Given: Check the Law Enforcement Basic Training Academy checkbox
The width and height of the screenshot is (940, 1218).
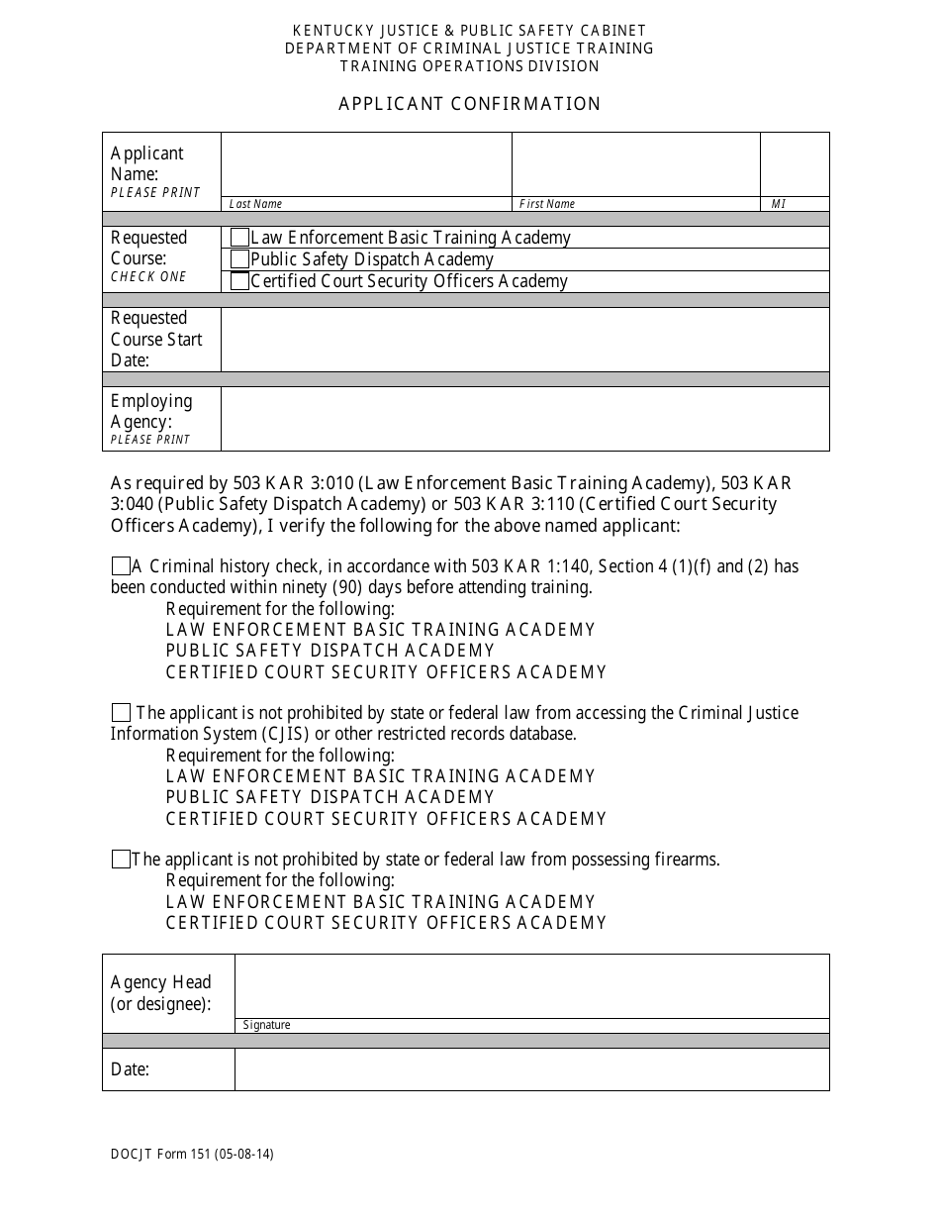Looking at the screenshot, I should pyautogui.click(x=239, y=238).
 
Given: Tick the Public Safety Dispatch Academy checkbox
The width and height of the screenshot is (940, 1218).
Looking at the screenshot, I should pyautogui.click(x=239, y=259).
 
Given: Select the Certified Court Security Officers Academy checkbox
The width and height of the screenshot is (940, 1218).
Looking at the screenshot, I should pyautogui.click(x=239, y=281).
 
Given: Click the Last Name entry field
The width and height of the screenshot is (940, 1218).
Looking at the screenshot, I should pyautogui.click(x=366, y=164).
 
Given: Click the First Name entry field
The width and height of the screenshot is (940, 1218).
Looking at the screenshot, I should pyautogui.click(x=635, y=164).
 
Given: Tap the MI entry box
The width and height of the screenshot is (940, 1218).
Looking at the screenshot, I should pyautogui.click(x=795, y=164).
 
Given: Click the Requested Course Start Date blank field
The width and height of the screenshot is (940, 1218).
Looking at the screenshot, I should pyautogui.click(x=524, y=340).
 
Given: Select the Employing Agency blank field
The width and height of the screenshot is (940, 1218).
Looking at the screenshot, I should pyautogui.click(x=524, y=419).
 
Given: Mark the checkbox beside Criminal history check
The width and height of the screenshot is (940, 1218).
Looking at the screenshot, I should pyautogui.click(x=121, y=566).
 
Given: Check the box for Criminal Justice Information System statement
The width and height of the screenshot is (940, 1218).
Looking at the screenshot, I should pyautogui.click(x=121, y=713).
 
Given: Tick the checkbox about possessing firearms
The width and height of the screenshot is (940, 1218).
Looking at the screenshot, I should pyautogui.click(x=121, y=860).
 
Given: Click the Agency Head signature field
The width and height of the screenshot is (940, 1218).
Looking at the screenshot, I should pyautogui.click(x=531, y=986).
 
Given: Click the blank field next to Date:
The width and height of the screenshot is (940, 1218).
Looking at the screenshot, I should pyautogui.click(x=531, y=1069).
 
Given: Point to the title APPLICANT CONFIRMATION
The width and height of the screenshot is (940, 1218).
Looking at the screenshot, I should pyautogui.click(x=470, y=104).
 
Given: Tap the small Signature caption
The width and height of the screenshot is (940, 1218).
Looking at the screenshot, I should pyautogui.click(x=267, y=1025).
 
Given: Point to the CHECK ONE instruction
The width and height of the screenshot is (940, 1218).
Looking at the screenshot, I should pyautogui.click(x=148, y=277).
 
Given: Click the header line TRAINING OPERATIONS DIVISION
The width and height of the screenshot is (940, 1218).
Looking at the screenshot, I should pyautogui.click(x=470, y=66).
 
